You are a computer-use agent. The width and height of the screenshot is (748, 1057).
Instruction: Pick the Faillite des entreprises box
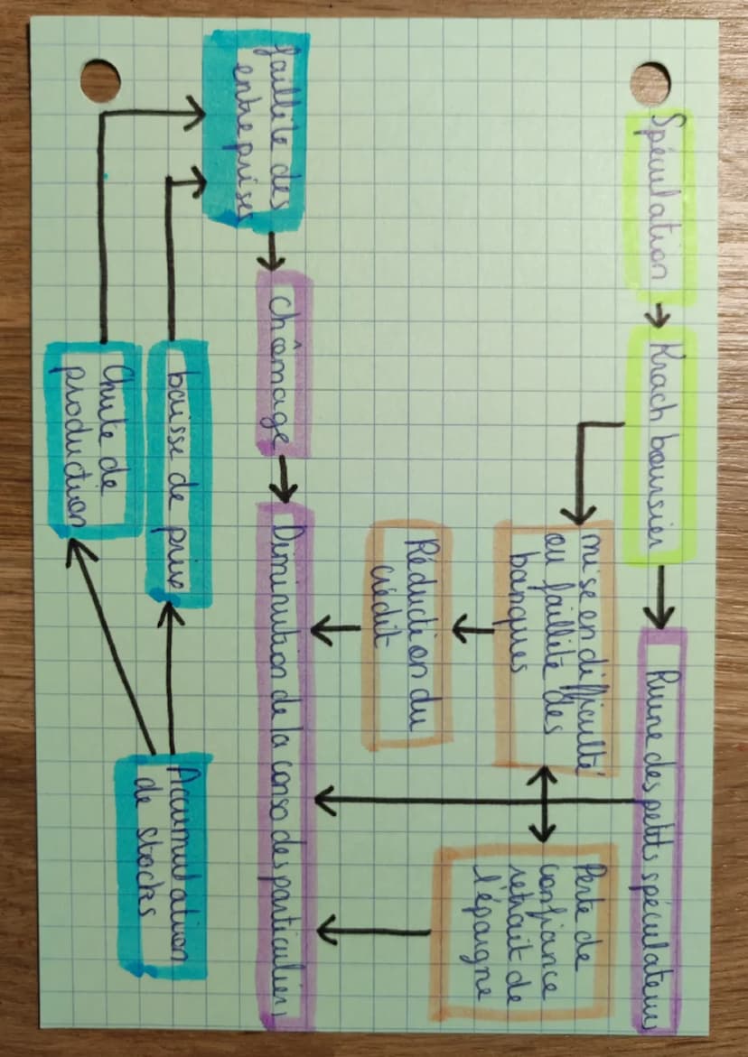[x=256, y=126]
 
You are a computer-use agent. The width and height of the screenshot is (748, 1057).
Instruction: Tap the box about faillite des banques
[x=553, y=641]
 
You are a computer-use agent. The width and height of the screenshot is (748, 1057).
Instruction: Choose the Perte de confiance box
[x=524, y=930]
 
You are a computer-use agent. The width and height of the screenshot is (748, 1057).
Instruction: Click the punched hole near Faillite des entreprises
[x=99, y=80]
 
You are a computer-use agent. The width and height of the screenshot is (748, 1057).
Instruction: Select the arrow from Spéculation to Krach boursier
[x=660, y=315]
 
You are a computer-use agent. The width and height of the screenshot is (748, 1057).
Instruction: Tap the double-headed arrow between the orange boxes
[x=544, y=803]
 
